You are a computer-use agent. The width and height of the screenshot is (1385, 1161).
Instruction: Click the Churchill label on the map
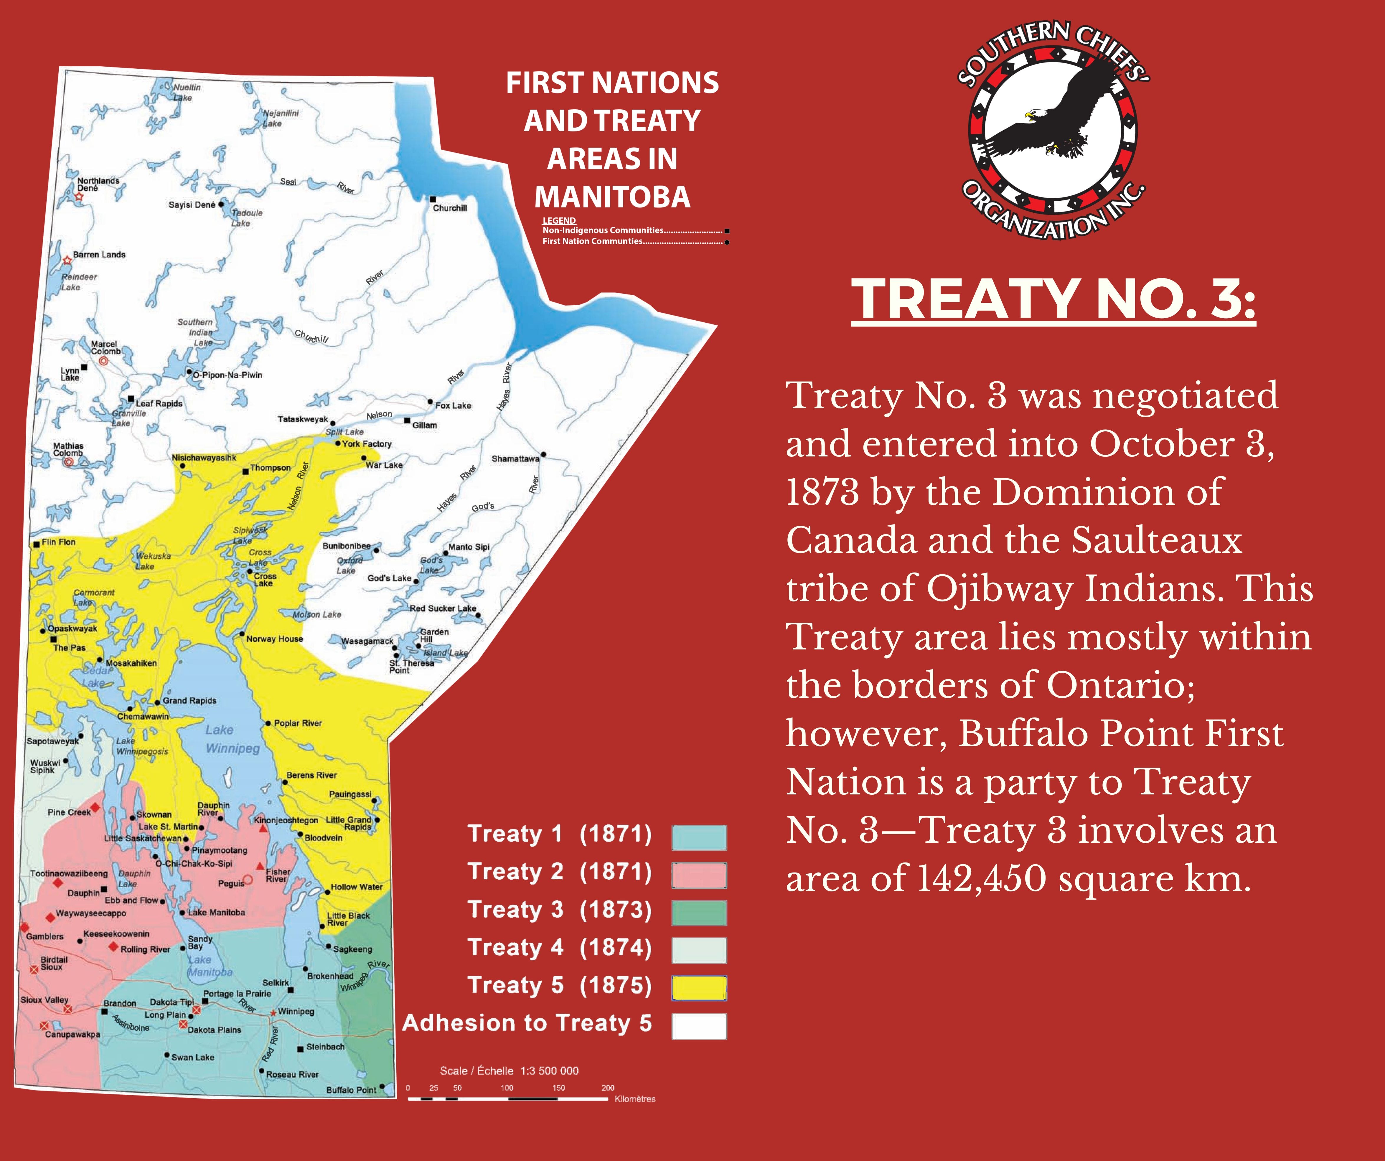point(450,208)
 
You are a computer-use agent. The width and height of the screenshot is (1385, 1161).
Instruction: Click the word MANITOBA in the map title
point(612,197)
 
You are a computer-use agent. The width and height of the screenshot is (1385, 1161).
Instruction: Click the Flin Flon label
point(59,542)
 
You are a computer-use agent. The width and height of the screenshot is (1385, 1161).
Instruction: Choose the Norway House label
point(274,639)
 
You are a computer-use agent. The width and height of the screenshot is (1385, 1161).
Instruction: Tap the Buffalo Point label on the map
point(351,1090)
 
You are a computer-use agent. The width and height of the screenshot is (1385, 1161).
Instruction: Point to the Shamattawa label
point(515,459)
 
